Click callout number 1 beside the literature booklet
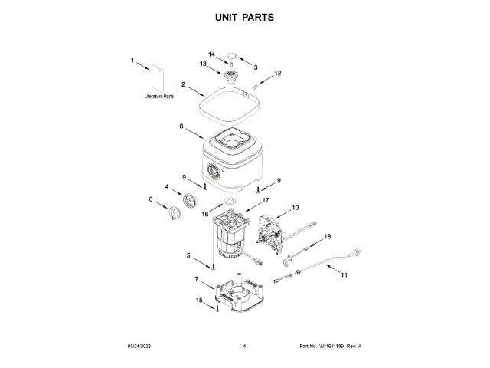132,60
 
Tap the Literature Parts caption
158,97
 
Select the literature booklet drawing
158,79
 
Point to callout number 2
184,84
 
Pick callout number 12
279,74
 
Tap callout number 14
213,54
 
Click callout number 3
256,67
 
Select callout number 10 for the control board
296,207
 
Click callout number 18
328,237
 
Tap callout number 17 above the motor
266,200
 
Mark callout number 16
205,215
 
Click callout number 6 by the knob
152,200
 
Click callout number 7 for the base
197,278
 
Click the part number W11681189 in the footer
330,347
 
